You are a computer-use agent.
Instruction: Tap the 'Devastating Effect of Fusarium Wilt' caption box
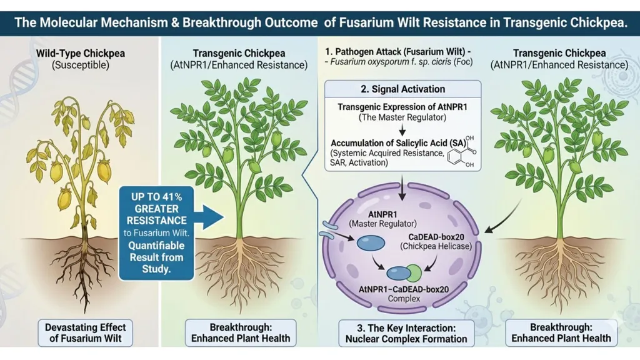(85, 332)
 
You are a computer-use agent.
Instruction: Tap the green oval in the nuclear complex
(413, 272)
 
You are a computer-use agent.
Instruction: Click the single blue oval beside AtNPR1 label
(370, 242)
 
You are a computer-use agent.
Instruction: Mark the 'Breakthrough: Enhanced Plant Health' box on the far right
(561, 332)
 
